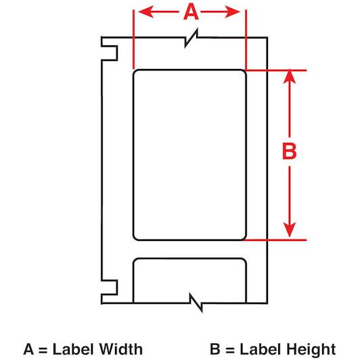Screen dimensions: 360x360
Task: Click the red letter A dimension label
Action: [x=191, y=12]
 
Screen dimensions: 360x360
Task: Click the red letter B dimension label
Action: [x=290, y=151]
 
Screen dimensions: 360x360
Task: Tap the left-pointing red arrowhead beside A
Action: [x=146, y=12]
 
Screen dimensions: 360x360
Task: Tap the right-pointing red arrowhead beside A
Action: [x=232, y=12]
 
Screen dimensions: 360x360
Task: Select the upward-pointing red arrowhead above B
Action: [x=290, y=76]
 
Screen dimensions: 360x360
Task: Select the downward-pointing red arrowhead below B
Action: [x=290, y=229]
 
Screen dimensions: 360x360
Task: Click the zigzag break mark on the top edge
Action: [x=192, y=38]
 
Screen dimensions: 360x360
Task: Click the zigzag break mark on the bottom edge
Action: [x=196, y=302]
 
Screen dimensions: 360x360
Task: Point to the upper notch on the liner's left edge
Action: [x=110, y=53]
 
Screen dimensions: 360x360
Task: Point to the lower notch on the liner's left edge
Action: [x=110, y=287]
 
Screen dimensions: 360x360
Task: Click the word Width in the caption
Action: [x=121, y=349]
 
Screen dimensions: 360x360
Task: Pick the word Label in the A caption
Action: [x=74, y=349]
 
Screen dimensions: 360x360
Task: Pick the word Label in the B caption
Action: [x=261, y=349]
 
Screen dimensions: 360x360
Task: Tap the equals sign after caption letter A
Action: [x=43, y=350]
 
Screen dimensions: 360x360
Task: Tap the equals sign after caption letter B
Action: [x=230, y=350]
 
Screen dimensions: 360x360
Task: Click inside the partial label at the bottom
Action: [x=189, y=281]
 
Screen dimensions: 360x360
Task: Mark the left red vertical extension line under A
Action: [x=133, y=39]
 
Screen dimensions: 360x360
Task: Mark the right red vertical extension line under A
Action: [x=246, y=40]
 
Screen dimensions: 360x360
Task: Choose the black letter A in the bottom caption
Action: [x=29, y=349]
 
